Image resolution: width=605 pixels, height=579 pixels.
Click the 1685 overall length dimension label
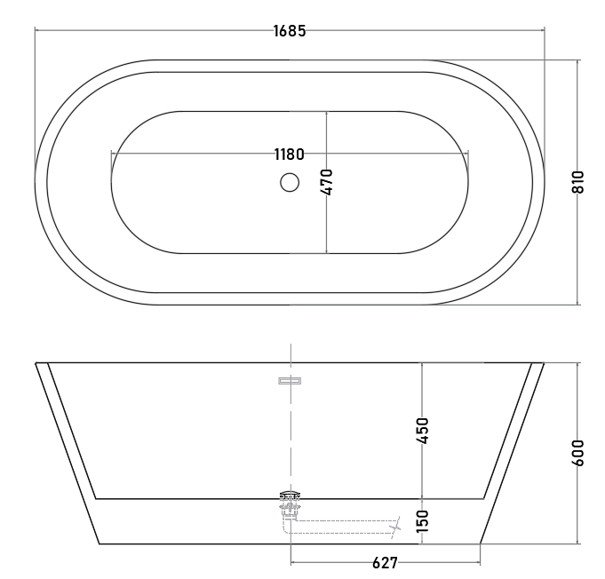290,31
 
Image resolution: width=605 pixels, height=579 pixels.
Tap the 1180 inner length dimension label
289,155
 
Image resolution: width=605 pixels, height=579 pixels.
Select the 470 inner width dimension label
326,182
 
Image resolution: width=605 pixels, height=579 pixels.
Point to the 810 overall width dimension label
577,182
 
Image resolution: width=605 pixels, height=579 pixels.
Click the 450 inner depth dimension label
423,431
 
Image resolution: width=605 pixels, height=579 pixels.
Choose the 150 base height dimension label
423,521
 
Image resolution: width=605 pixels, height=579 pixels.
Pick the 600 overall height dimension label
577,453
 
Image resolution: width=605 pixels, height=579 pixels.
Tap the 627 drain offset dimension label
385,563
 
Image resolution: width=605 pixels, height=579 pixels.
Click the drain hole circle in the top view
290,182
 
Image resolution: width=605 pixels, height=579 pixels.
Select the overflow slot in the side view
290,381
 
